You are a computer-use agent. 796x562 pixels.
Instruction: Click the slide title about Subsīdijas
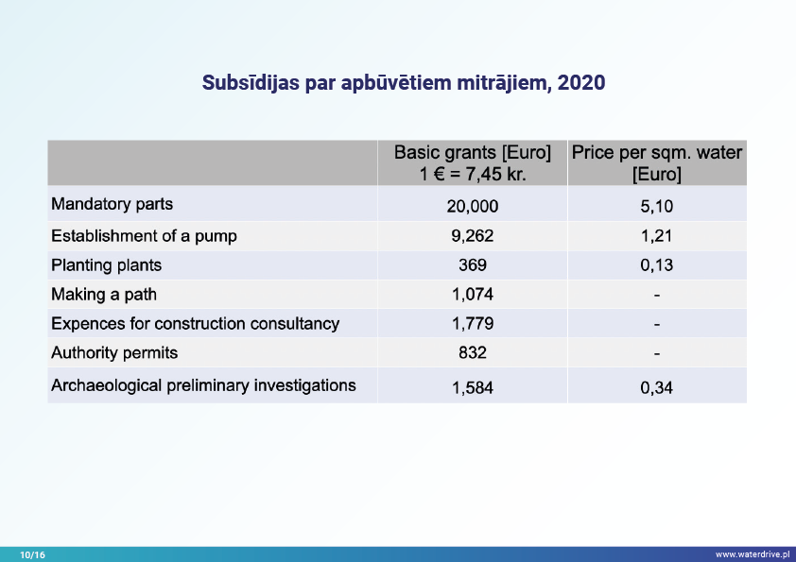(404, 83)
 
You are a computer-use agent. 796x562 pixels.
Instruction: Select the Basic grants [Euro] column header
(472, 162)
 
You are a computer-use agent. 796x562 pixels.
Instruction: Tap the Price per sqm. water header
(656, 162)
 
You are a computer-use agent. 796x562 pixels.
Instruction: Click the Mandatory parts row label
(112, 204)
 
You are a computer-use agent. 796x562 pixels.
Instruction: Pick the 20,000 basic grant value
(472, 206)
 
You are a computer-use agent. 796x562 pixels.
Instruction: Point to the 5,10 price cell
(656, 206)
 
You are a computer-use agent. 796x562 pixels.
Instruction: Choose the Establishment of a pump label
(144, 235)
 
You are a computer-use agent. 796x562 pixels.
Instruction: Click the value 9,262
(472, 236)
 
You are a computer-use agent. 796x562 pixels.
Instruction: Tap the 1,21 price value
(656, 236)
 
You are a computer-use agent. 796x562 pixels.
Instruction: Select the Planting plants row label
(106, 265)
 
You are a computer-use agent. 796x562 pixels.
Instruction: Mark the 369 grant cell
(472, 265)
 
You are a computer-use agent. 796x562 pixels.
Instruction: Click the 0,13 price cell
(656, 265)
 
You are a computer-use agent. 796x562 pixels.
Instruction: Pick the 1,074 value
(472, 295)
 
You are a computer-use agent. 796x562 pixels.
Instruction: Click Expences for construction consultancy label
(195, 323)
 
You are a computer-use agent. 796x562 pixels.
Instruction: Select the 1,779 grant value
(472, 324)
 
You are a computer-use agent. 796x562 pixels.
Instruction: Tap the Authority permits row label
(114, 352)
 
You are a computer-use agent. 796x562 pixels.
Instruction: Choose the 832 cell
(472, 353)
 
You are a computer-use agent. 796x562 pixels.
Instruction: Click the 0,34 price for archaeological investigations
(656, 386)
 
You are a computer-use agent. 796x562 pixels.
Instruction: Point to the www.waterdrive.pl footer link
(752, 554)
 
